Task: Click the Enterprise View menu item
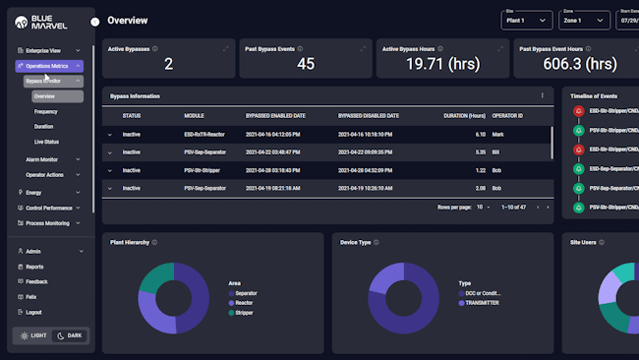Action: [x=43, y=50]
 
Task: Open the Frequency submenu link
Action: [x=45, y=112]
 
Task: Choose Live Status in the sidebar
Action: [x=46, y=142]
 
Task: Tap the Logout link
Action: [x=33, y=312]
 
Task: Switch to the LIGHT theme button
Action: [x=32, y=335]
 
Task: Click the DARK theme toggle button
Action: [x=69, y=335]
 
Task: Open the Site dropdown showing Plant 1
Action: [x=527, y=20]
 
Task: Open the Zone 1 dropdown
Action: [x=584, y=20]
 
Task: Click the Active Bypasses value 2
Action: [x=168, y=64]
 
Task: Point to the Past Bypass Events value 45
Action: [x=306, y=64]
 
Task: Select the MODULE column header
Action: [x=194, y=115]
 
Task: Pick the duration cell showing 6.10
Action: [x=480, y=134]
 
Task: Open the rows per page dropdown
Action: [x=484, y=208]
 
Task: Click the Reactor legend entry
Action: [x=245, y=302]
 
